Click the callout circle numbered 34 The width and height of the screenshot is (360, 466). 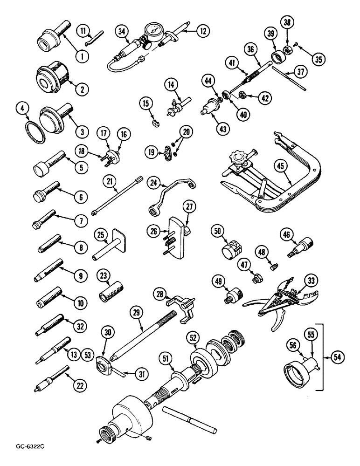click(122, 32)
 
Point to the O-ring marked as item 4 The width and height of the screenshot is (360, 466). click(35, 127)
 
